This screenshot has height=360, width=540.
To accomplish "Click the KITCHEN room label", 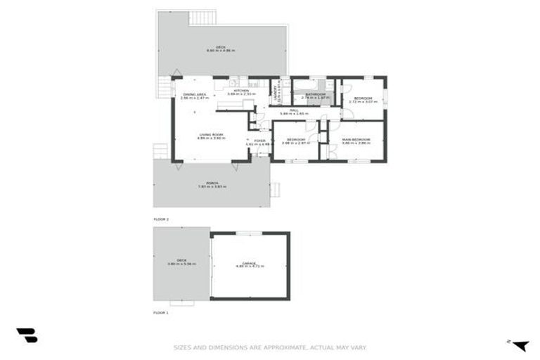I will click(x=242, y=91).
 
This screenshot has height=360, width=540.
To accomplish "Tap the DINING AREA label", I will click(x=194, y=94).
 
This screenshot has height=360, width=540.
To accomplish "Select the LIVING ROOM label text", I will click(x=210, y=134).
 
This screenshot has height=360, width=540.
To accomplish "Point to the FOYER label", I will click(x=259, y=141).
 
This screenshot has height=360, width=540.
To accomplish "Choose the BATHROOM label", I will click(x=314, y=94).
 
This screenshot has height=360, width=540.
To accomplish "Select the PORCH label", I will click(x=212, y=182).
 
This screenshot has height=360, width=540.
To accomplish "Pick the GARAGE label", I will click(x=250, y=263).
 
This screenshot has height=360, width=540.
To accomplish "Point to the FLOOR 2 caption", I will click(x=162, y=220).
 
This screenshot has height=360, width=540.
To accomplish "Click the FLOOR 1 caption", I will click(x=162, y=312).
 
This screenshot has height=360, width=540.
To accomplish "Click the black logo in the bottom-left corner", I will click(x=27, y=336).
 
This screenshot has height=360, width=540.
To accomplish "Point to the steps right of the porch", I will click(x=276, y=188).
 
